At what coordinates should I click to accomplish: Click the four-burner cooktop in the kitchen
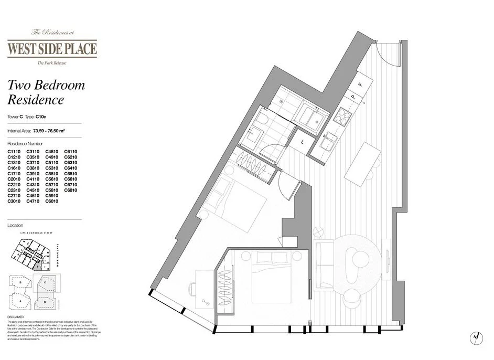(343, 116)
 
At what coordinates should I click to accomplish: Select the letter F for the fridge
(360, 84)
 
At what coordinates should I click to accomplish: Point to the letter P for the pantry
(353, 97)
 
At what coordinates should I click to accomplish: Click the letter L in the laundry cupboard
(304, 140)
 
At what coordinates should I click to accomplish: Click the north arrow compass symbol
(475, 337)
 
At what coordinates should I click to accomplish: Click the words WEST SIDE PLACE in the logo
(51, 49)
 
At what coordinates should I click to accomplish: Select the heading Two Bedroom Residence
(46, 92)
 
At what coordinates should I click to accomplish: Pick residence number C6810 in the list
(71, 190)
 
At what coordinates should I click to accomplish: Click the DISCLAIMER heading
(16, 316)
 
